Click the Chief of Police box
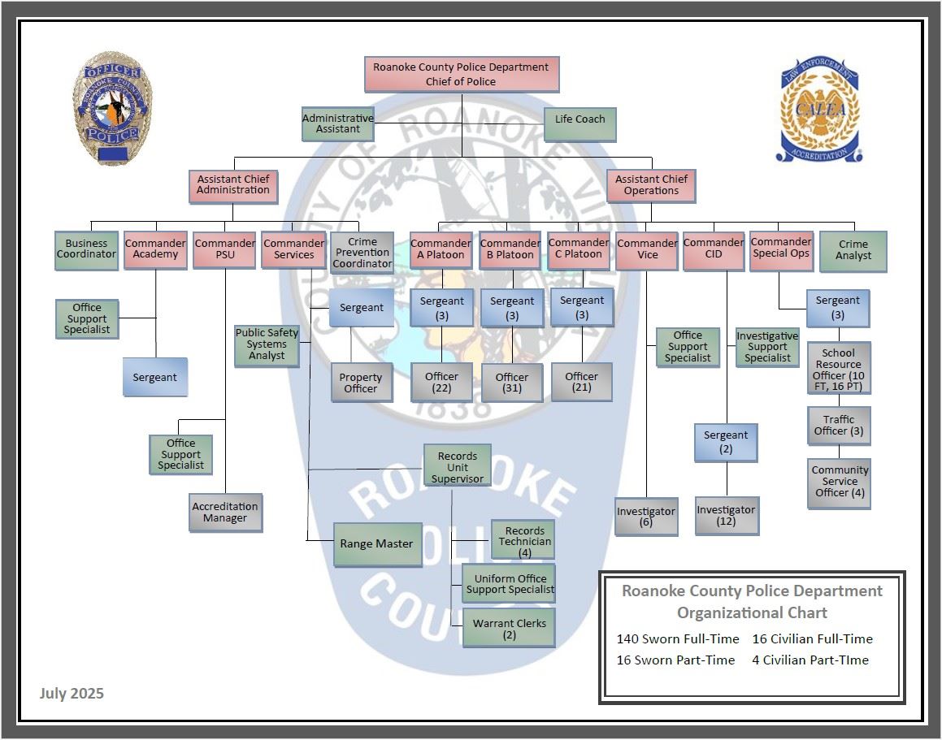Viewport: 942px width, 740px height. (461, 74)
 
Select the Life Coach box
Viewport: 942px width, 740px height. (580, 124)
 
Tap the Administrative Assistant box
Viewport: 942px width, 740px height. (338, 123)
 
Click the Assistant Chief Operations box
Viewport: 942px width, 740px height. (651, 185)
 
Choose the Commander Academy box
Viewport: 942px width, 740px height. (156, 249)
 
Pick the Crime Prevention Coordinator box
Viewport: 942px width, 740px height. (362, 253)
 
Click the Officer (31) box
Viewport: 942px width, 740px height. (512, 383)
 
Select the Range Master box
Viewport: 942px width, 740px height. (377, 544)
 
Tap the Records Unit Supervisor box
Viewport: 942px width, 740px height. (458, 468)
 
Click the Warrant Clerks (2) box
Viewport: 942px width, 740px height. (510, 629)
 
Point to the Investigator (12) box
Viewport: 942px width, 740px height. (727, 516)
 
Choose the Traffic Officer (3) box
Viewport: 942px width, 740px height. (839, 426)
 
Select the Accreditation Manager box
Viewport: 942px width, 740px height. (225, 513)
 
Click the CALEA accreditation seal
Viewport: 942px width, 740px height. (819, 109)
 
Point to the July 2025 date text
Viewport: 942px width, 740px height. (72, 693)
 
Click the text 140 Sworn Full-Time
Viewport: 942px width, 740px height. (678, 638)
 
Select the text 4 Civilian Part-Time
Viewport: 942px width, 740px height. (810, 660)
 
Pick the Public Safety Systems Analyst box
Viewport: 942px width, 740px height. (267, 345)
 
